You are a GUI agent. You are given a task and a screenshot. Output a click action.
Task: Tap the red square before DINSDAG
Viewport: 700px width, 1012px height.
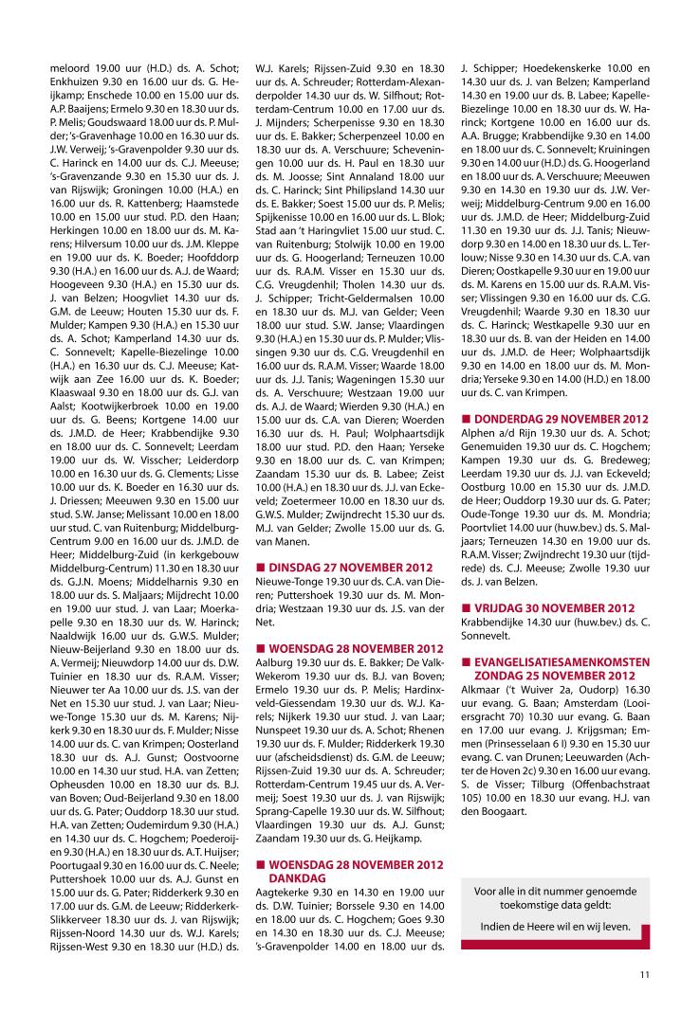tap(262, 567)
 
